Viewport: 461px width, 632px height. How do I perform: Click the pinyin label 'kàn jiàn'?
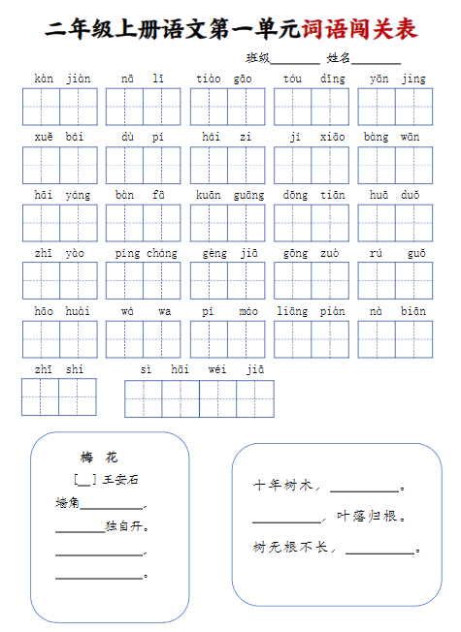click(60, 79)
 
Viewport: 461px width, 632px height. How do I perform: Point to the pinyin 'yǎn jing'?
click(397, 79)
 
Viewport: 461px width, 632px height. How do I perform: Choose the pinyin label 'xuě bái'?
click(60, 137)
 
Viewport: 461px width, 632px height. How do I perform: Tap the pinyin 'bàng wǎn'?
click(396, 137)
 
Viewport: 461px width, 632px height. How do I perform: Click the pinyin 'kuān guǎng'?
click(228, 195)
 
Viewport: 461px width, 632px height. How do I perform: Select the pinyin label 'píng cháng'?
click(145, 253)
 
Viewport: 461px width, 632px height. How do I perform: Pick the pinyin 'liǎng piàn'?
click(312, 311)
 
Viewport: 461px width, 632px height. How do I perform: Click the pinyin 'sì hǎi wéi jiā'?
click(201, 369)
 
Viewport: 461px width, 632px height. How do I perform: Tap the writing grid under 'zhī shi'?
click(59, 396)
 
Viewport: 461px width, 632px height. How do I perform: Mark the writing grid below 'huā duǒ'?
click(396, 223)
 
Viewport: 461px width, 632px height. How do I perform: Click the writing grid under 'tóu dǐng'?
click(312, 107)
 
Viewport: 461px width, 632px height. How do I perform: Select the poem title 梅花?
click(99, 458)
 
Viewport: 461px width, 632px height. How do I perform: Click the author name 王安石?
click(120, 480)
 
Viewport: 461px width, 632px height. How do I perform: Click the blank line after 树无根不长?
click(379, 551)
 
